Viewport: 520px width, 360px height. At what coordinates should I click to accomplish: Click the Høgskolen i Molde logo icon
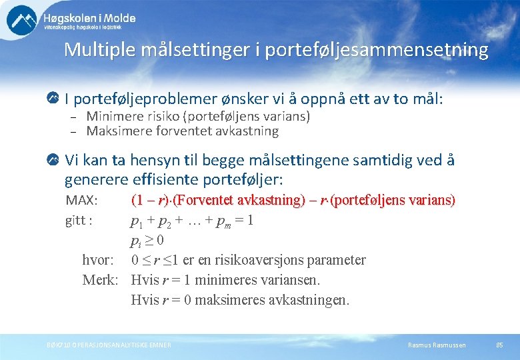click(22, 20)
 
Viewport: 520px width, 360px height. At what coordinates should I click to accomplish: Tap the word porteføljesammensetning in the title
click(377, 50)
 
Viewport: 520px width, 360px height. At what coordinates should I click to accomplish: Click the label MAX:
click(81, 201)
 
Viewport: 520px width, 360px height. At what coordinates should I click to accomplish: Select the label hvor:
click(97, 260)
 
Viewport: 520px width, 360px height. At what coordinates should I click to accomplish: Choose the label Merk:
click(100, 280)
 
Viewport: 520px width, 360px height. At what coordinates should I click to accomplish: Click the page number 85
click(499, 345)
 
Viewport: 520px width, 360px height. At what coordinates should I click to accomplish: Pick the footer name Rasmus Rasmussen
click(437, 345)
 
